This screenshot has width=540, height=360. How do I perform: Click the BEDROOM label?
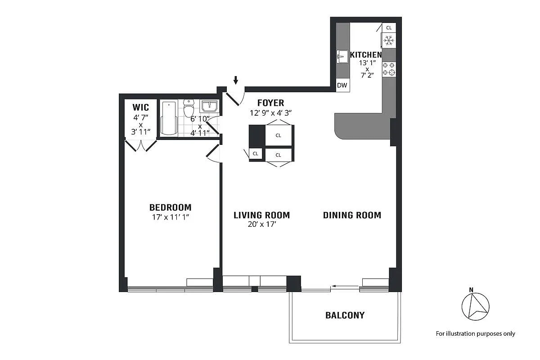point(170,207)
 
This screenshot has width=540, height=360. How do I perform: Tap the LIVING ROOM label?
point(261,215)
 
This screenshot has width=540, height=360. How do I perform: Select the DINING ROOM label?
point(352,215)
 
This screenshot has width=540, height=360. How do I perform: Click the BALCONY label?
point(345,315)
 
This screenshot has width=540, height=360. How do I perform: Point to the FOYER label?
point(270,103)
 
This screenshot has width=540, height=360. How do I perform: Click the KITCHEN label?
point(366,55)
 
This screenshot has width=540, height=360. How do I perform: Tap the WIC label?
point(140,108)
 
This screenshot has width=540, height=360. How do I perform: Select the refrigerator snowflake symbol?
point(389,41)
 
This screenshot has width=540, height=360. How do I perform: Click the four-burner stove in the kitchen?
point(389,69)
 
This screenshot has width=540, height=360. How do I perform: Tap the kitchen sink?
point(342,57)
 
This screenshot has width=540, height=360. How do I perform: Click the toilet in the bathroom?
point(189,109)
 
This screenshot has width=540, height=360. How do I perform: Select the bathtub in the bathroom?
point(170,118)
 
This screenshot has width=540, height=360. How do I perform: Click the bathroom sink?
point(209,107)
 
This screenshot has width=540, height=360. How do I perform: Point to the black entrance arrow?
point(236,80)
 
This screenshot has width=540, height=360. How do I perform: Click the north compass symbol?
point(475,306)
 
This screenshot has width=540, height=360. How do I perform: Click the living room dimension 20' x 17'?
point(261,224)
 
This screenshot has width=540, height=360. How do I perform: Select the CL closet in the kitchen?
point(389,28)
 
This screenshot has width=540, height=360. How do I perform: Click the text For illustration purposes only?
point(475,334)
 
